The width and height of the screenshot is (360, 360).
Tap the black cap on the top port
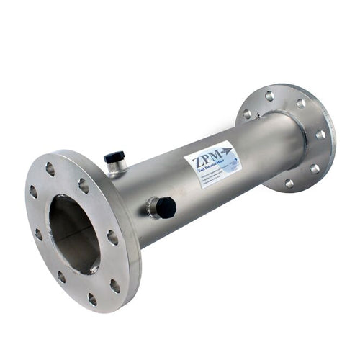click(x=114, y=156)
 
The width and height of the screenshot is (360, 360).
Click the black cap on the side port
click(x=166, y=208)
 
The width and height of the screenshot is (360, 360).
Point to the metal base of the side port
click(x=153, y=209)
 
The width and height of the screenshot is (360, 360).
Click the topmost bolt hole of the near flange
click(x=50, y=169)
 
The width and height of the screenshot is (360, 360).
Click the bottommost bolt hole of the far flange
click(x=289, y=183)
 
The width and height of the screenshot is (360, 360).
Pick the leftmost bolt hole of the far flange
click(x=247, y=114)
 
